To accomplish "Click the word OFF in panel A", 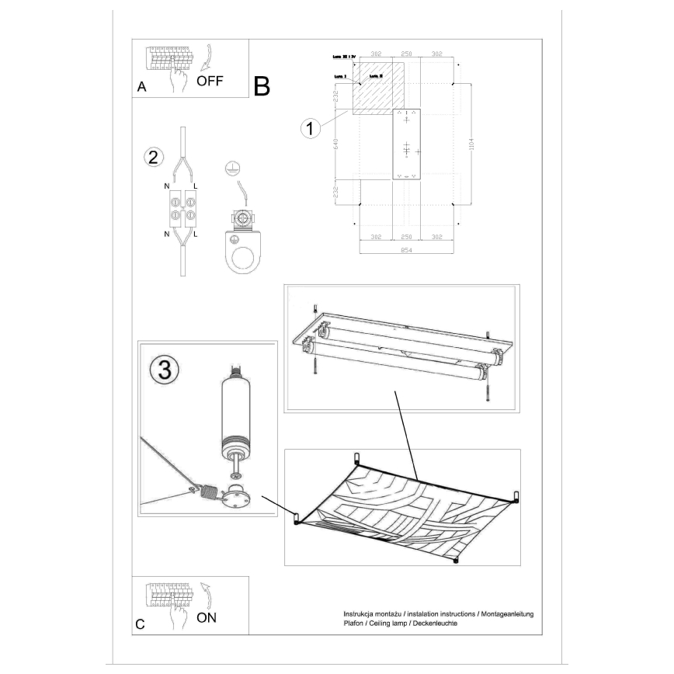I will [x=211, y=80].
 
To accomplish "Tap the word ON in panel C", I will [x=207, y=618].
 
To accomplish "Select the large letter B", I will [x=261, y=86].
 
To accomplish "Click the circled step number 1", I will [x=311, y=128].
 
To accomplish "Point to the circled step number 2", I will [x=154, y=157].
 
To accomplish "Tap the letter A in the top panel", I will [x=141, y=88].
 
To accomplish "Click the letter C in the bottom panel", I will [x=140, y=624].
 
